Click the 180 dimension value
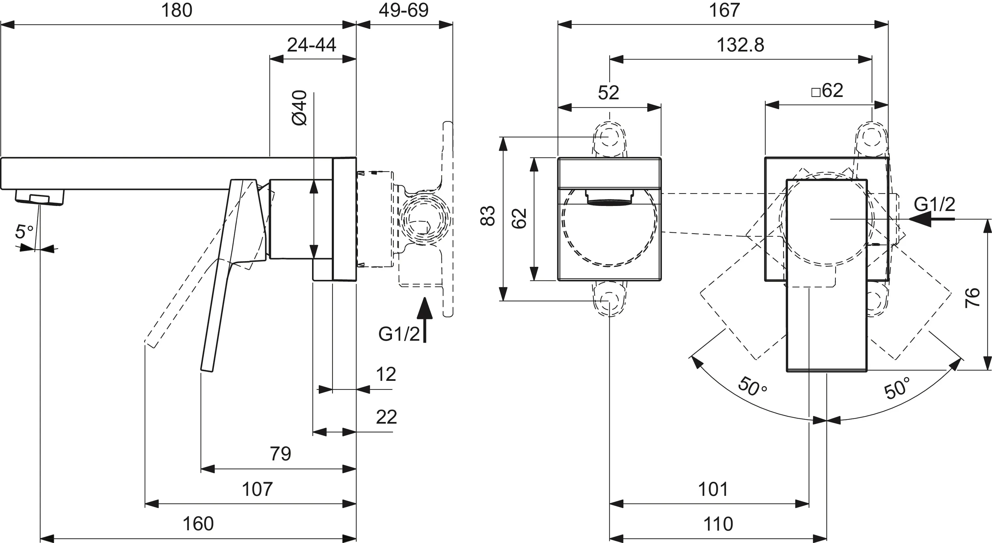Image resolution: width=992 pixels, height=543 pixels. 177,10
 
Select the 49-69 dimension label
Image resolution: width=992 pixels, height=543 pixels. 404,10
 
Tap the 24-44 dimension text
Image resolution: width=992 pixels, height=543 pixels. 311,45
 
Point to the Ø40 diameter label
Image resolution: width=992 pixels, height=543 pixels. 300,108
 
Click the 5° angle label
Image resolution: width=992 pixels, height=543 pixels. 24,232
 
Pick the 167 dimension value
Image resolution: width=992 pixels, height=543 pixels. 724,10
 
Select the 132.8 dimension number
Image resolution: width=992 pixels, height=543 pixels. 740,45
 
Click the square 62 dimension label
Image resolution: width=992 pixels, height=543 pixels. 827,91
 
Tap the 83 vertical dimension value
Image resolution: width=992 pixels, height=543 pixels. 488,216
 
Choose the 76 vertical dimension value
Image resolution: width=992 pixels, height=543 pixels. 972,297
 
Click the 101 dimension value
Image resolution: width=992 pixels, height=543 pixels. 713,490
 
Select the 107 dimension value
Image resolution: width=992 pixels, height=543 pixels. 257,490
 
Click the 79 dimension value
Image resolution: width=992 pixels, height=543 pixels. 280,454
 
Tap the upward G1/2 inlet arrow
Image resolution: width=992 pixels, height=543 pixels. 425,320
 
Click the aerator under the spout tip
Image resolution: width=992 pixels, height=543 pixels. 40,197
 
